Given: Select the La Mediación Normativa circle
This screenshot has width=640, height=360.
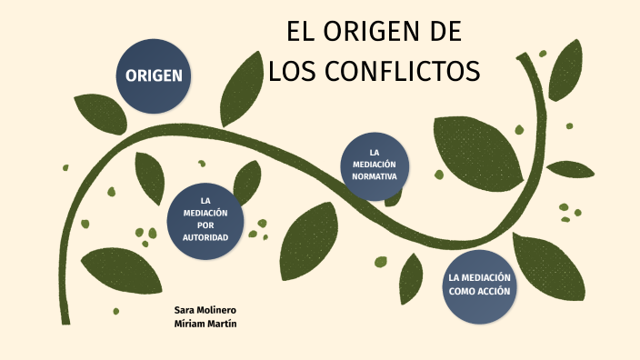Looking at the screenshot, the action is pos(375,165).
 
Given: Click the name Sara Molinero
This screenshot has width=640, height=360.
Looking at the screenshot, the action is pos(205,310).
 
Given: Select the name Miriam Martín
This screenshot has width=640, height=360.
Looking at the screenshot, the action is pos(205,324).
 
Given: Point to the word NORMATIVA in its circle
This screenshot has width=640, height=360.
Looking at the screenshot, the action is pos(375,176).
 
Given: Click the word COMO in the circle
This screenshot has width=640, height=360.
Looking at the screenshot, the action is pos(464,291).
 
